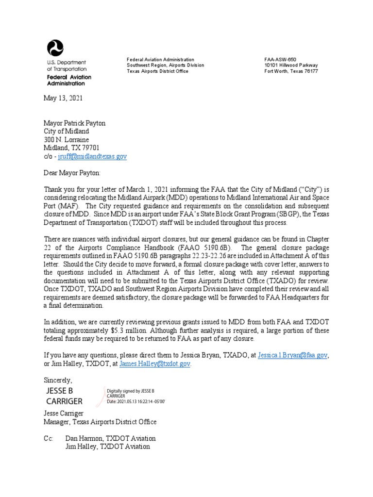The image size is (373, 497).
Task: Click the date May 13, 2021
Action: [63, 98]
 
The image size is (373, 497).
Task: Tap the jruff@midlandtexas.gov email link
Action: [92, 156]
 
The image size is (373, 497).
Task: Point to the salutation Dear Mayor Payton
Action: [72, 173]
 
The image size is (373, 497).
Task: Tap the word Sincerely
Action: [58, 380]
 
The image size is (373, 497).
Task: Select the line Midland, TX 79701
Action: [71, 148]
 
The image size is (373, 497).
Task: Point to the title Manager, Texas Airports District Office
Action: [100, 422]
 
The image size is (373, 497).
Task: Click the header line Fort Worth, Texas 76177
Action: [291, 71]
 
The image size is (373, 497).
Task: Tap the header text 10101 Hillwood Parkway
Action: [291, 65]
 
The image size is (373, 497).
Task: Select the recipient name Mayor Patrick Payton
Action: [74, 123]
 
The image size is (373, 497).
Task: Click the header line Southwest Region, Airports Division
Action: [165, 65]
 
